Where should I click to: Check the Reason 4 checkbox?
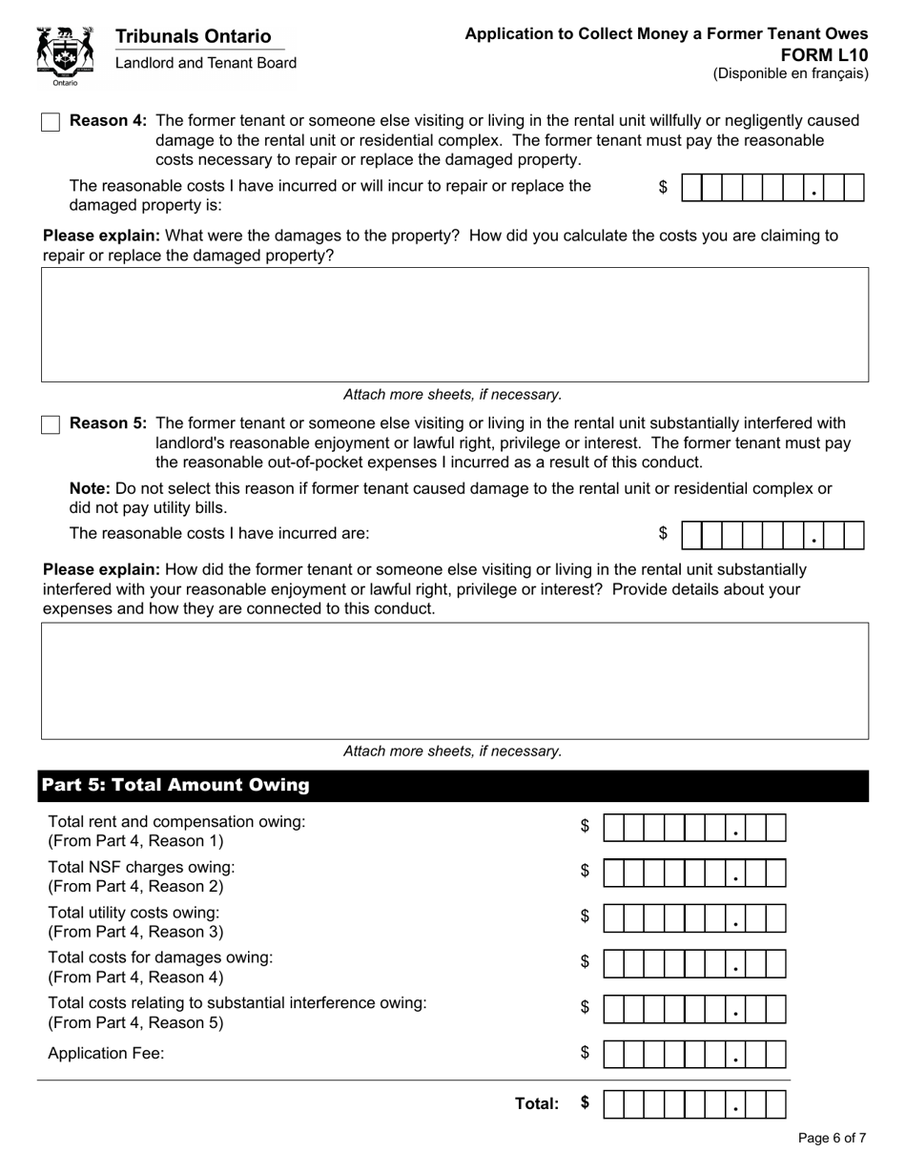(51, 122)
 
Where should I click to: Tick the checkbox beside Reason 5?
(51, 424)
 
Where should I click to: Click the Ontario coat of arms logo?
(65, 54)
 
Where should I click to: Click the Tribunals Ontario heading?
(193, 36)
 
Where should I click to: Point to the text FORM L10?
(830, 54)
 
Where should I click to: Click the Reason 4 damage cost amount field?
(772, 188)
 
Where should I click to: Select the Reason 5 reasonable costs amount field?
(772, 535)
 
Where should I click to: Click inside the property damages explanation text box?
(454, 324)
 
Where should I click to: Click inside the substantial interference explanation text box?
(454, 680)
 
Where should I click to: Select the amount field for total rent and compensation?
(695, 828)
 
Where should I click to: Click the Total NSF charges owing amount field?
(695, 873)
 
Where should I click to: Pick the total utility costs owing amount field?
(695, 918)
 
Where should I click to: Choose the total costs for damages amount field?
(695, 964)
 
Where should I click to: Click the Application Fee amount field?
(695, 1054)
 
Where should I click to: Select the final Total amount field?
(695, 1104)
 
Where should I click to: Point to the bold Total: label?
(536, 1103)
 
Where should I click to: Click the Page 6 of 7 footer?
(832, 1138)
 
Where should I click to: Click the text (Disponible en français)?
(791, 73)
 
